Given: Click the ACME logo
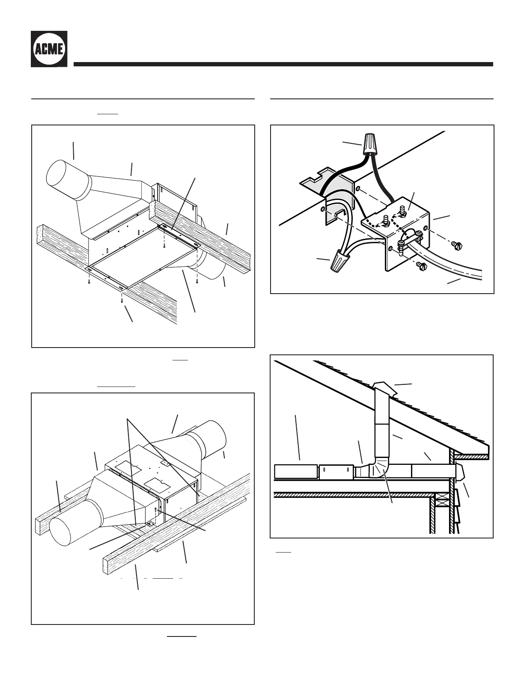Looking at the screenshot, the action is coord(49,49).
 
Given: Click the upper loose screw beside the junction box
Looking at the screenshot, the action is coord(457,245).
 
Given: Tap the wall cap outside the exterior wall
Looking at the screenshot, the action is coord(461,471).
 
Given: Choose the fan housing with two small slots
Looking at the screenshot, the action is coord(336,471).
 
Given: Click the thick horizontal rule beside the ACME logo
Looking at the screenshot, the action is coord(283,64).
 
